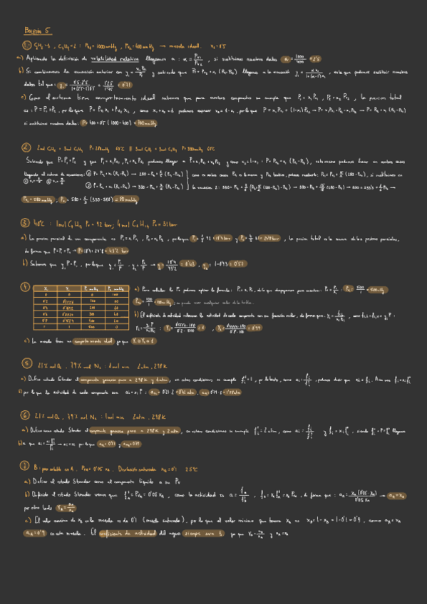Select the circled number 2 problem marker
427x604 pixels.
26,149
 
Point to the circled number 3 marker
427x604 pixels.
26,222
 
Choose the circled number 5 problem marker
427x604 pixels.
26,365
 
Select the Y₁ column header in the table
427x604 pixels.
69,288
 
